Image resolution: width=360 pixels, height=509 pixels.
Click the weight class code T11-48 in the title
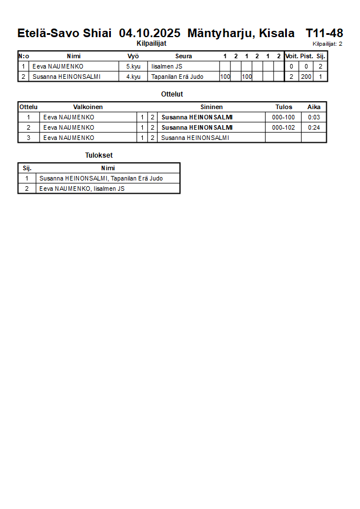pos(324,33)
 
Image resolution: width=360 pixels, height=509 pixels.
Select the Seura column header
pos(183,56)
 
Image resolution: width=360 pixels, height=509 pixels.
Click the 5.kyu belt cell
pos(133,66)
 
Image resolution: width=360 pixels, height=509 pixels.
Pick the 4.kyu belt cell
pos(133,77)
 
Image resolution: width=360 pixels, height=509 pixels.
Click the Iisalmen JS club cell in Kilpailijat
pos(167,66)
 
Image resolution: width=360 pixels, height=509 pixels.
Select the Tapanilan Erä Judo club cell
pos(177,77)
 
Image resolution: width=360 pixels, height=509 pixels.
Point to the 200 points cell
pos(306,77)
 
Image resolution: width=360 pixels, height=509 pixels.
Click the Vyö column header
pos(133,56)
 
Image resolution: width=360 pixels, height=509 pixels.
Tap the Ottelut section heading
pos(172,94)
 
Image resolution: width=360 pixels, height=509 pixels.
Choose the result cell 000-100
pos(283,117)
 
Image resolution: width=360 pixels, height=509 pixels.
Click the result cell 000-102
pos(283,127)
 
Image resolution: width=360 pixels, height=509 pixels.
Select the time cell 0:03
pos(314,117)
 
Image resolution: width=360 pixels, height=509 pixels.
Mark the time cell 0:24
pos(314,127)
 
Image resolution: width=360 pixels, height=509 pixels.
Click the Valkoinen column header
pos(88,107)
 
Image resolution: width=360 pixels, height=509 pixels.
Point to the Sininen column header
pos(211,107)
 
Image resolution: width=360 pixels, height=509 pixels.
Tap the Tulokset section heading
pos(99,155)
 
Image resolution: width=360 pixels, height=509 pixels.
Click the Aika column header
pos(314,107)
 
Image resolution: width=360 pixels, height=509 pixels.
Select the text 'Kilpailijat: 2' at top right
pos(327,44)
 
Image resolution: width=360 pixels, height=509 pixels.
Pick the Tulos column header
pos(283,107)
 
